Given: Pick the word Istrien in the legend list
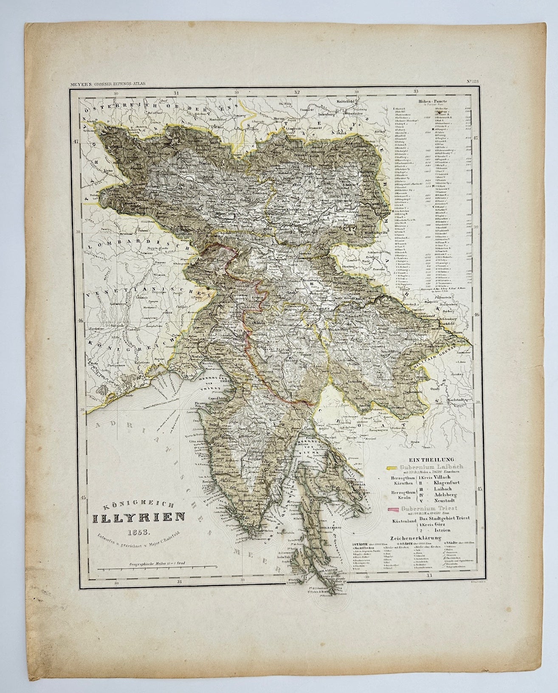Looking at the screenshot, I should tap(445, 531).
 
